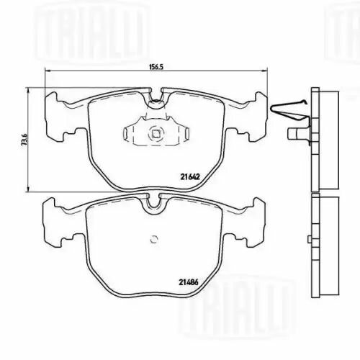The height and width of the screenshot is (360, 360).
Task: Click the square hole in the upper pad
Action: pos(155,132)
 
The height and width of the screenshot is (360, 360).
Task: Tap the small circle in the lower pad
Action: pos(154,240)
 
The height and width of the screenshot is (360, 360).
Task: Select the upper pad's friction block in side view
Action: pos(323,137)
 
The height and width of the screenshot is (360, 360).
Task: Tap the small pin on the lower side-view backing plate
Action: pos(307,241)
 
